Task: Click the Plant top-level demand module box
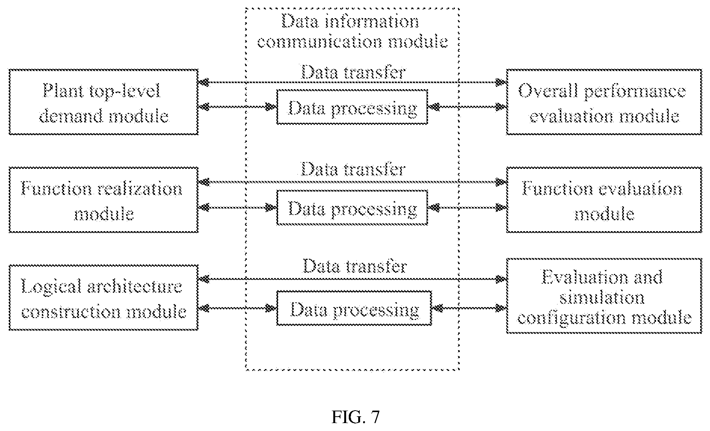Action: (x=103, y=102)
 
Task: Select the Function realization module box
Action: (x=103, y=199)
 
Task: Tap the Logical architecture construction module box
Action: (x=103, y=298)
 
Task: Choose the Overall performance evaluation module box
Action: (x=604, y=102)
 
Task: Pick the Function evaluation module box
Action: (x=604, y=199)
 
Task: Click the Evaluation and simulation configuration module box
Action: (x=604, y=296)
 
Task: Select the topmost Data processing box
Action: (x=352, y=107)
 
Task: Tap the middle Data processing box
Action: (x=352, y=208)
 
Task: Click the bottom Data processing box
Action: (x=354, y=308)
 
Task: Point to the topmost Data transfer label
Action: (x=353, y=72)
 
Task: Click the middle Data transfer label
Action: (x=353, y=169)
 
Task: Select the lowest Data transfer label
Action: (x=355, y=266)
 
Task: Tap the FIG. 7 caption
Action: (x=355, y=417)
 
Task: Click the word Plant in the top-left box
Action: (x=61, y=91)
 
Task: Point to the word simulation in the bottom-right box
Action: (x=602, y=298)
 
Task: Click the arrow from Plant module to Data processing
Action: (x=237, y=107)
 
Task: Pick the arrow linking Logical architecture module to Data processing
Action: (x=237, y=308)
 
